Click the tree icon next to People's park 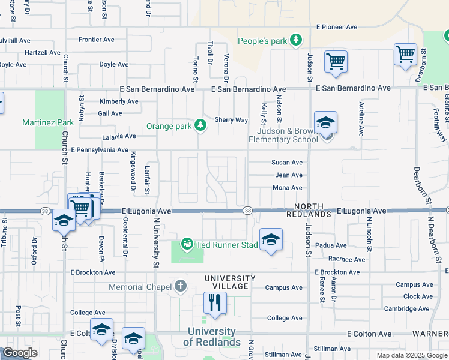point(295,40)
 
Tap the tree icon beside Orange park point(200,126)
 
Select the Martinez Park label point(48,122)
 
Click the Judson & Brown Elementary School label point(288,136)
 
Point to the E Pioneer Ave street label point(331,27)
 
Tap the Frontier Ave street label point(96,40)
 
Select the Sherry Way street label point(231,120)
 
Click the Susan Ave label point(287,163)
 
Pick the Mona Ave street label point(288,188)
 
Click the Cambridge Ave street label point(408,308)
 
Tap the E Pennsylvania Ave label point(100,149)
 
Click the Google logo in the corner point(20,353)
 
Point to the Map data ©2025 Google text point(412,355)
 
